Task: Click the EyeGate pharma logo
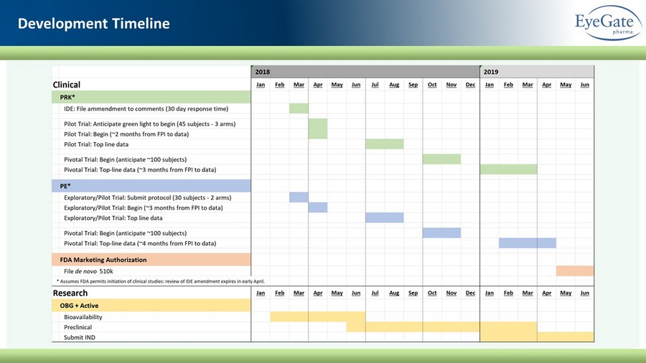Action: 608,23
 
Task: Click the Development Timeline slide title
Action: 93,24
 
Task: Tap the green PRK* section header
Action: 151,97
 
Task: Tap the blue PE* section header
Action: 151,186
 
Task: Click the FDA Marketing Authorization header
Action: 151,260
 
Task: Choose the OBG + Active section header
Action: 151,306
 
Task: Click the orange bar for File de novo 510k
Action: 575,270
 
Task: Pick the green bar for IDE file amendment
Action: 299,108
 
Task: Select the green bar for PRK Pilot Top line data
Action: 385,144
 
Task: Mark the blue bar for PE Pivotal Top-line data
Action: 528,243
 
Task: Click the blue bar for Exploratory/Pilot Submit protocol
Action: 299,197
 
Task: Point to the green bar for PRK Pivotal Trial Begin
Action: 441,159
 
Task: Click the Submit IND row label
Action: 80,337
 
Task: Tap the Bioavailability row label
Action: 83,317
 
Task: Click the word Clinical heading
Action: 66,85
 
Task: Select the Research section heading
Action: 70,293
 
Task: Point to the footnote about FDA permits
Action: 161,281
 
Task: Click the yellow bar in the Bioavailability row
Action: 318,316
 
